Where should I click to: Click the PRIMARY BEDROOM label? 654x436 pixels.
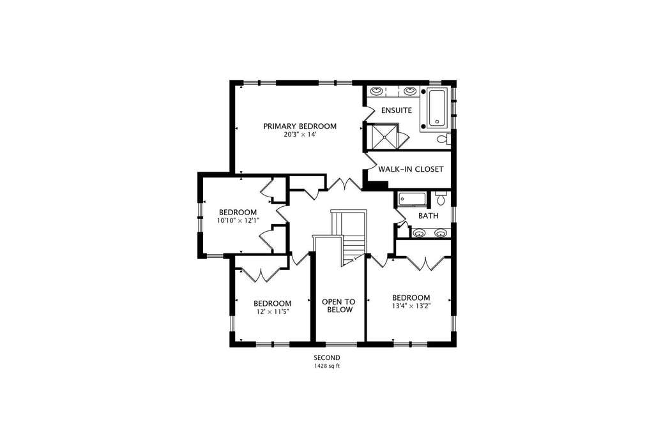(x=300, y=126)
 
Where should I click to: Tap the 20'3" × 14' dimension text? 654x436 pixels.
(x=300, y=135)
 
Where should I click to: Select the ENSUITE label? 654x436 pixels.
(x=397, y=110)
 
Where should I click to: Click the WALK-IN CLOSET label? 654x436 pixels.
(x=411, y=169)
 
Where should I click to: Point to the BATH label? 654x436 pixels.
(x=429, y=216)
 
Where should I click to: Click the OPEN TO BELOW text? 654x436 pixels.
(x=338, y=306)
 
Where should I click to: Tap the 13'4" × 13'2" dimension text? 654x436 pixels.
(x=411, y=306)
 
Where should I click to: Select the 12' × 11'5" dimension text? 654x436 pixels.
(x=272, y=312)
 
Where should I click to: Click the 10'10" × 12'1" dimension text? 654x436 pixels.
(x=238, y=220)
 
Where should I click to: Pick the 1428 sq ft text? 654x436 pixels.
(x=327, y=366)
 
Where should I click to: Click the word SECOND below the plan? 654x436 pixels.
(x=327, y=357)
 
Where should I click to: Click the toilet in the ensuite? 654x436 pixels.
(x=444, y=139)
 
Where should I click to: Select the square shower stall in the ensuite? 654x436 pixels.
(x=381, y=136)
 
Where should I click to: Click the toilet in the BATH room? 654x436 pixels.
(x=441, y=198)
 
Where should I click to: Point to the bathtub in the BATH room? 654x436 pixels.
(x=412, y=199)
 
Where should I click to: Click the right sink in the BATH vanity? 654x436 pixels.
(x=441, y=233)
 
